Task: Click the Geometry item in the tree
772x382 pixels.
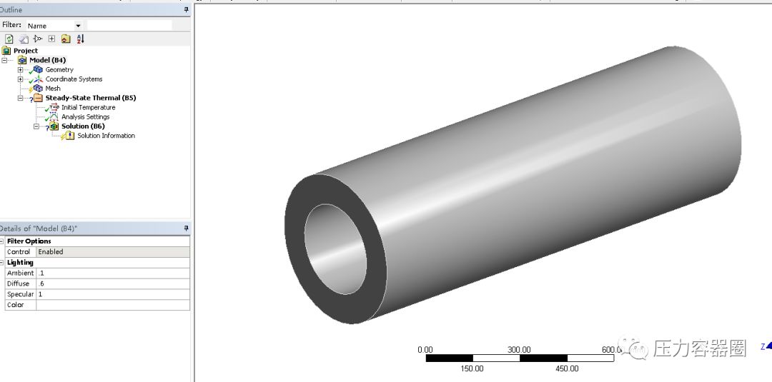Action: [x=59, y=70]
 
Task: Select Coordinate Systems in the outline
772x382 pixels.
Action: [x=73, y=79]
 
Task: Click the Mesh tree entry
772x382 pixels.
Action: [x=52, y=89]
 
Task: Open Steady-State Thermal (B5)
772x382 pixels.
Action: [x=90, y=98]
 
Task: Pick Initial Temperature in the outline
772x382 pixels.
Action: [x=87, y=107]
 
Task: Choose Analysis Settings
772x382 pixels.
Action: [x=85, y=116]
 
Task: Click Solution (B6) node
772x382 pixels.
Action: [x=82, y=126]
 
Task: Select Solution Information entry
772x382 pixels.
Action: [x=106, y=136]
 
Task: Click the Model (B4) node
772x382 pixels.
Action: [x=47, y=60]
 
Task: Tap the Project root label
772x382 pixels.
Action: [x=26, y=51]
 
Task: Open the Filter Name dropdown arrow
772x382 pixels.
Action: [x=78, y=26]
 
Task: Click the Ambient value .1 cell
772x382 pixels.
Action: [x=112, y=273]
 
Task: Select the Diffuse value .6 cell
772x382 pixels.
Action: [x=112, y=283]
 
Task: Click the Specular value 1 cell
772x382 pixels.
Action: [x=112, y=294]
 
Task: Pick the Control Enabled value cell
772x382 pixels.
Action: [x=112, y=252]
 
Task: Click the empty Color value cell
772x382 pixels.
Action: [x=112, y=305]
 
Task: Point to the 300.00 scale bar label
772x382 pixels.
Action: [x=519, y=350]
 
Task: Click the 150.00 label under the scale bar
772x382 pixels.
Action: [x=472, y=368]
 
